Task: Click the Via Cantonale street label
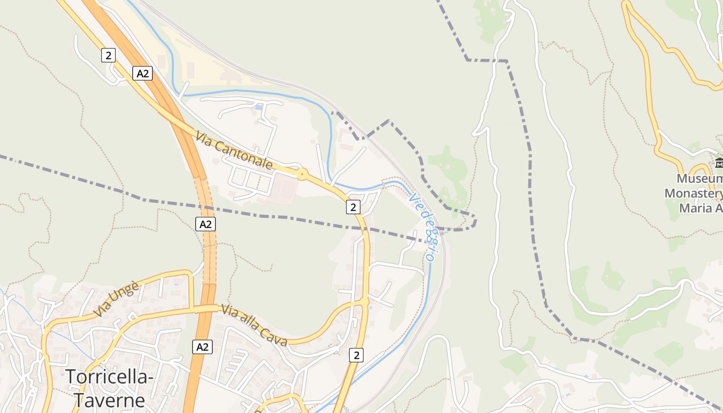click(234, 150)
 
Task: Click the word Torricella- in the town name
click(110, 377)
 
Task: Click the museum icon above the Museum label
click(719, 164)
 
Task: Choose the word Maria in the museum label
click(697, 208)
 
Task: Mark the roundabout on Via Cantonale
click(302, 174)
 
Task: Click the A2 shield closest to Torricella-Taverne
click(202, 346)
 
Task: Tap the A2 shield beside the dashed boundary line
click(206, 224)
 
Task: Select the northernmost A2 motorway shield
click(142, 73)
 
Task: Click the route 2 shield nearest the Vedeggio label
click(353, 207)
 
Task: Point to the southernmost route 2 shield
click(356, 355)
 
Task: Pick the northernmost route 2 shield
click(108, 55)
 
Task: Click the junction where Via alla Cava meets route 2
click(365, 300)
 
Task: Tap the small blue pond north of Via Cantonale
click(258, 107)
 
